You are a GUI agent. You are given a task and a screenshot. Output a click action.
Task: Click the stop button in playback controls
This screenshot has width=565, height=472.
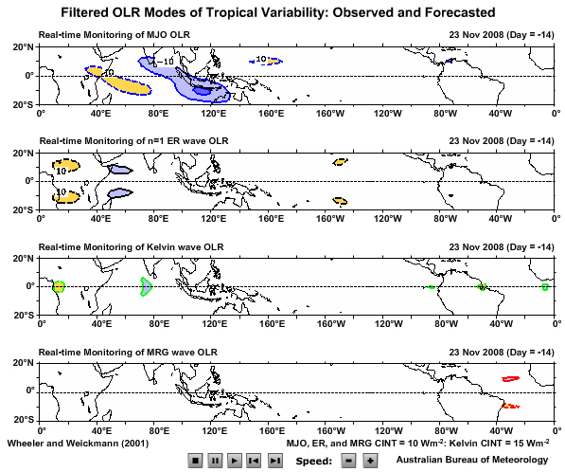tap(195, 460)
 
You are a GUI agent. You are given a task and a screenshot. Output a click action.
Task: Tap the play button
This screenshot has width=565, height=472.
tap(234, 460)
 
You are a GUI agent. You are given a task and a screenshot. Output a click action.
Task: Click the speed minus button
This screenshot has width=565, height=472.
tap(347, 460)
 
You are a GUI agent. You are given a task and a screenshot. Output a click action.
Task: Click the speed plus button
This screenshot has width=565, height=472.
tap(370, 460)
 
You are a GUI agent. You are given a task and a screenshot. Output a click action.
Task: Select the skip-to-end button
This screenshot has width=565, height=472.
tap(274, 460)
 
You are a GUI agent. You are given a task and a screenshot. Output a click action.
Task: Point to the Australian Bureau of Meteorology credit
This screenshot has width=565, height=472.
tap(470, 460)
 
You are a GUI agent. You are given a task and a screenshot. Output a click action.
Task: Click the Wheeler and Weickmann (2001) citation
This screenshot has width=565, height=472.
tap(78, 443)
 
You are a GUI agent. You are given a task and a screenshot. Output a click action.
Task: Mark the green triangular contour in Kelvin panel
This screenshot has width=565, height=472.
tap(146, 286)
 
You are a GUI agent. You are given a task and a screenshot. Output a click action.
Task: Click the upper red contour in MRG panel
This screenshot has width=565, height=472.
tap(510, 378)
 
